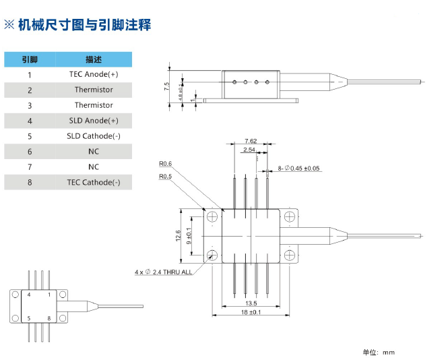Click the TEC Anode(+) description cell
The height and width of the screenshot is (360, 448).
(94, 74)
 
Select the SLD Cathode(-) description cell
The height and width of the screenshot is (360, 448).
(94, 136)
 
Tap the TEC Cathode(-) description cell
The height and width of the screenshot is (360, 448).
(94, 182)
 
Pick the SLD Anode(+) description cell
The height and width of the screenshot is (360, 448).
(94, 121)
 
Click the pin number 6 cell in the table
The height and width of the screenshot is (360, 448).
(30, 152)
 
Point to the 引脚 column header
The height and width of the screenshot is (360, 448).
(30, 59)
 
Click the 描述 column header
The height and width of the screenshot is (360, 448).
(94, 59)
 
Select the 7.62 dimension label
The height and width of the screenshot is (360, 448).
(251, 142)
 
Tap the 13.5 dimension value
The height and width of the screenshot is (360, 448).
(251, 303)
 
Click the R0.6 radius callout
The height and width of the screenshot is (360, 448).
(166, 164)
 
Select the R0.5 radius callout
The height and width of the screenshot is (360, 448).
(166, 177)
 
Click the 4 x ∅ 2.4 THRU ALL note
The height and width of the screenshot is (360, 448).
(163, 272)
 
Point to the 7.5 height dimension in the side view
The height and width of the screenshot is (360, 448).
(166, 86)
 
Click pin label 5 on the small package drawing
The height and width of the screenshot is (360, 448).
(28, 318)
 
